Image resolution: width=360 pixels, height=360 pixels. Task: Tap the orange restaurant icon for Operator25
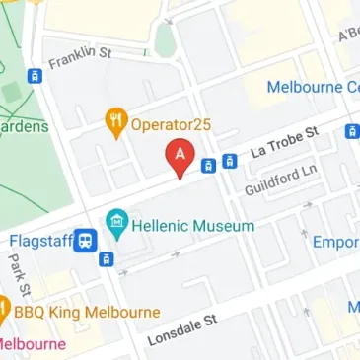pyautogui.click(x=116, y=123)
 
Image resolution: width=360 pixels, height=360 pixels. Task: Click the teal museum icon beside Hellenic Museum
pyautogui.click(x=117, y=225)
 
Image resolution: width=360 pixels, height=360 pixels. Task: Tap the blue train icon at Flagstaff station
pyautogui.click(x=88, y=240)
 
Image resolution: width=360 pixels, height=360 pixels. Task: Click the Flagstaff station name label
pyautogui.click(x=40, y=240)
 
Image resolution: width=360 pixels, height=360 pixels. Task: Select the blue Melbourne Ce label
pyautogui.click(x=313, y=88)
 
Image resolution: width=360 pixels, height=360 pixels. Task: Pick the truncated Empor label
pyautogui.click(x=335, y=243)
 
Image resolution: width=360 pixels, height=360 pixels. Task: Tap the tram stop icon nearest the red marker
pyautogui.click(x=209, y=166)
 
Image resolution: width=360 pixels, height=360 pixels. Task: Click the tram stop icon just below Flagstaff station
pyautogui.click(x=107, y=259)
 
